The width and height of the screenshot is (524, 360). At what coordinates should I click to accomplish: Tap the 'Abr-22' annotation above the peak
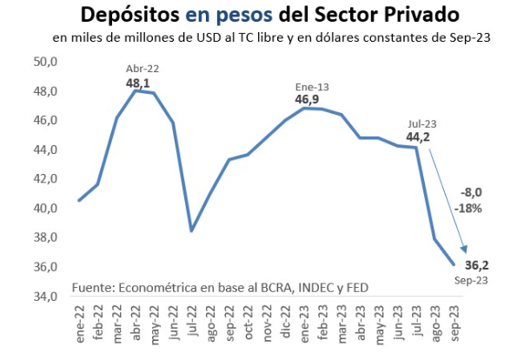pyautogui.click(x=143, y=68)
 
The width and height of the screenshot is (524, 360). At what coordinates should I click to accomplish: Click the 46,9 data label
pyautogui.click(x=306, y=100)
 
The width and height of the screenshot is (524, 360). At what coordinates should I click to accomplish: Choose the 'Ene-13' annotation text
pyautogui.click(x=306, y=86)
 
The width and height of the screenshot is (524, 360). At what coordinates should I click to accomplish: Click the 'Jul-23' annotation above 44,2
pyautogui.click(x=420, y=123)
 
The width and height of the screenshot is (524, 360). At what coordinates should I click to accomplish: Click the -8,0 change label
pyautogui.click(x=471, y=193)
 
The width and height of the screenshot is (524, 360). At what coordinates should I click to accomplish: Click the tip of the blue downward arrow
pyautogui.click(x=466, y=254)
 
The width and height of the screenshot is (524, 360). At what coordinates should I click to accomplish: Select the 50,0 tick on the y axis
pyautogui.click(x=45, y=62)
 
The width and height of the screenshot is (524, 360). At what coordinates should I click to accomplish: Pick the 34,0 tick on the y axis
pyautogui.click(x=45, y=296)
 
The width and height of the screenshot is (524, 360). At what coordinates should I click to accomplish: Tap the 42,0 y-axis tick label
pyautogui.click(x=45, y=179)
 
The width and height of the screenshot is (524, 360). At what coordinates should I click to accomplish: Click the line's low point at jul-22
pyautogui.click(x=192, y=230)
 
